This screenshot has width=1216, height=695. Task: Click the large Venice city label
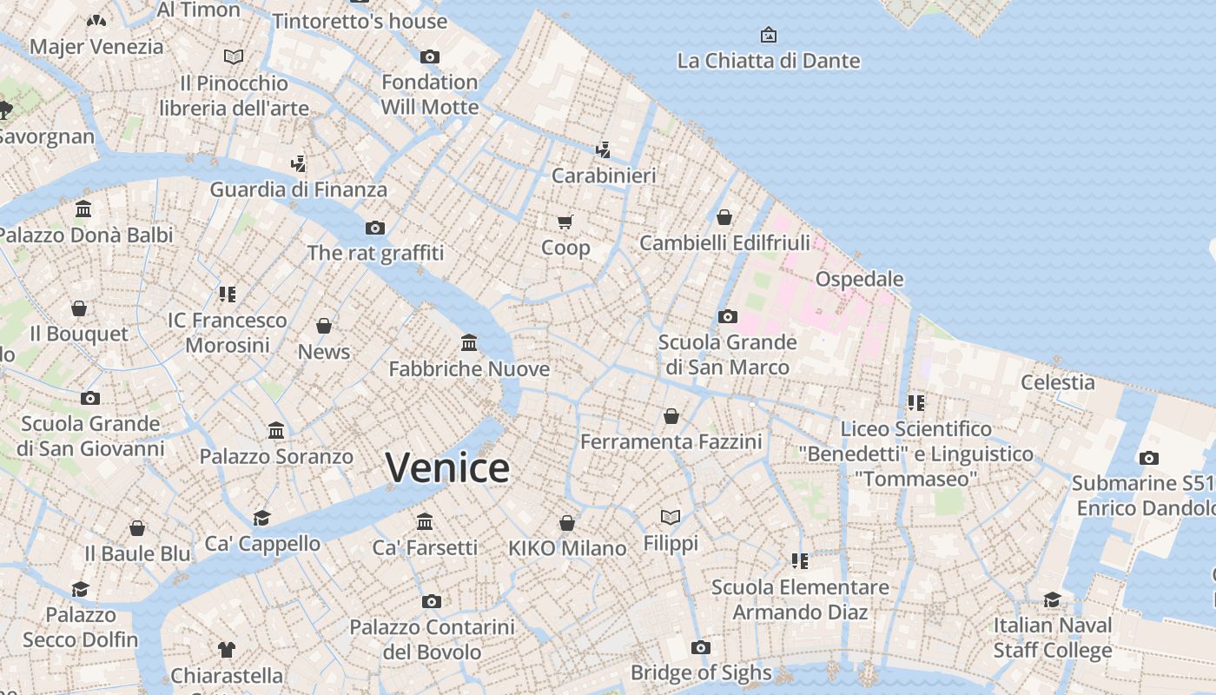click(447, 467)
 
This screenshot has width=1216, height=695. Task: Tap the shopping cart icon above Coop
click(565, 222)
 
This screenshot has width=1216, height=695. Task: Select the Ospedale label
click(859, 279)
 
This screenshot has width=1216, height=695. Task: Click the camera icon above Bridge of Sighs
click(701, 647)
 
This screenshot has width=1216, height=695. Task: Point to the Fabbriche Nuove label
click(469, 369)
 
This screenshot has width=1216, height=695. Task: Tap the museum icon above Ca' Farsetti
click(425, 522)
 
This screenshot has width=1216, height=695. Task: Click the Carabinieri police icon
click(604, 150)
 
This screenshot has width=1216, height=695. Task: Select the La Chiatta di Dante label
click(769, 61)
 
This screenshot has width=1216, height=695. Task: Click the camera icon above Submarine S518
click(1149, 459)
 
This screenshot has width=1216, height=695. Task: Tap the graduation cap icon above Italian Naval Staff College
click(1053, 599)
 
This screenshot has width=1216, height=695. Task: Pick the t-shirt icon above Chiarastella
click(227, 650)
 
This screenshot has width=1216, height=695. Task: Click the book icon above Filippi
click(671, 518)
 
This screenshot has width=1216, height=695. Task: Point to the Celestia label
click(1058, 382)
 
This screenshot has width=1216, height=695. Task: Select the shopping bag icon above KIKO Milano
click(567, 523)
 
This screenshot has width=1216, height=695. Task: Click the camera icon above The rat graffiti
click(375, 228)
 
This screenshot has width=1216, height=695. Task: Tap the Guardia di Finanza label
click(299, 189)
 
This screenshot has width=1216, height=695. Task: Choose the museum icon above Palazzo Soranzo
click(276, 431)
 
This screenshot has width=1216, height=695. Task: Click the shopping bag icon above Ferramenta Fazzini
click(671, 417)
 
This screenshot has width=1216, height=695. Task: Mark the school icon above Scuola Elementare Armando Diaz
click(800, 561)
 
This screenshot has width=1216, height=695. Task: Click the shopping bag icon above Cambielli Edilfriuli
click(724, 217)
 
